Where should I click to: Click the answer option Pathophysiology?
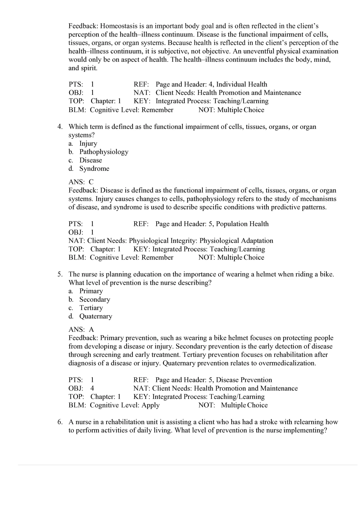pyautogui.click(x=104, y=152)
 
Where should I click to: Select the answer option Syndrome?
pyautogui.click(x=94, y=168)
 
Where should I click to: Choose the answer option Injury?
pyautogui.click(x=88, y=143)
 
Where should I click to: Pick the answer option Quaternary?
pyautogui.click(x=96, y=316)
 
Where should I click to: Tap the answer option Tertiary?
pyautogui.click(x=91, y=308)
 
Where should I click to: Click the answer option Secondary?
pyautogui.click(x=95, y=299)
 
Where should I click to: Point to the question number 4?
pyautogui.click(x=60, y=127)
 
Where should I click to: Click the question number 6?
pyautogui.click(x=60, y=422)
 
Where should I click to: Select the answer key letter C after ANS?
pyautogui.click(x=91, y=182)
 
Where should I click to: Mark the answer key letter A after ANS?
pyautogui.click(x=91, y=329)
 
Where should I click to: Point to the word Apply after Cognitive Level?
pyautogui.click(x=150, y=405)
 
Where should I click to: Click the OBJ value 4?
pyautogui.click(x=92, y=388)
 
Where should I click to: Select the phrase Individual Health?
pyautogui.click(x=242, y=84)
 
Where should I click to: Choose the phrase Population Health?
pyautogui.click(x=242, y=224)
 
